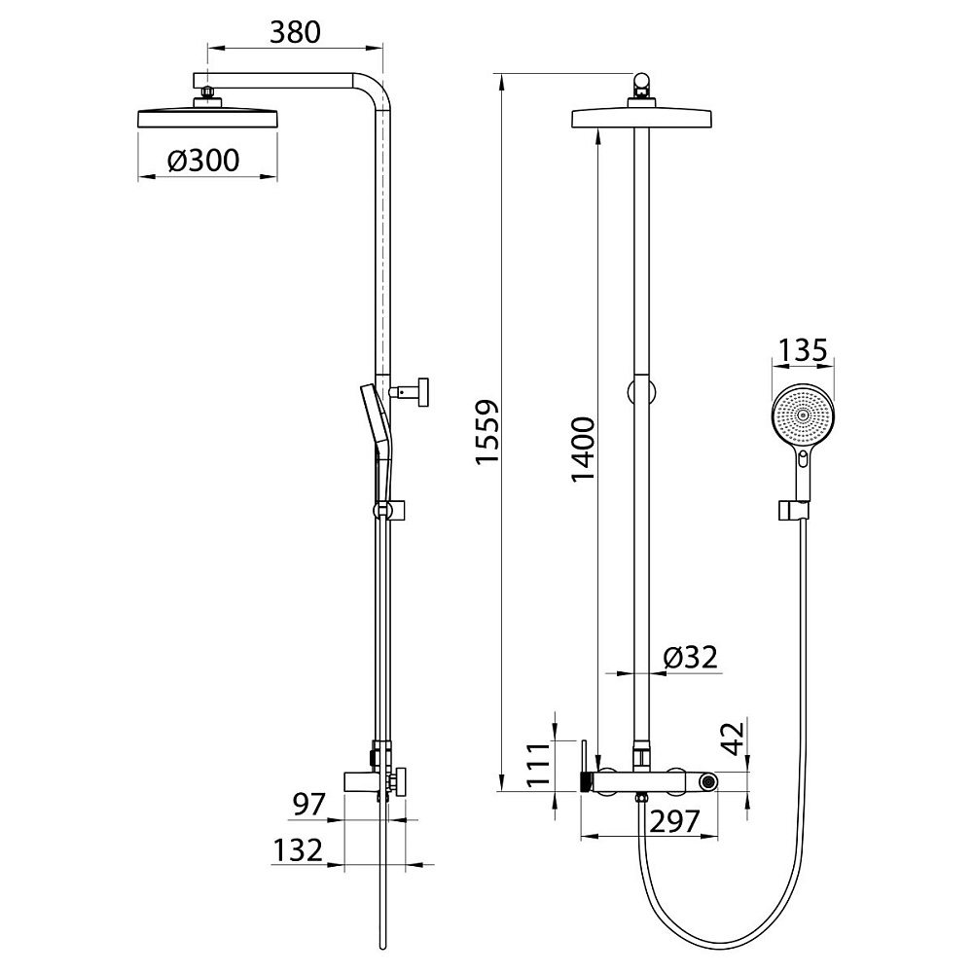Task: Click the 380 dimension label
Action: coord(295,32)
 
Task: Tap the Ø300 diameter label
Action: coord(203,161)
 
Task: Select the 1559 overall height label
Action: coord(487,431)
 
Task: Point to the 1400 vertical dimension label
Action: coord(583,450)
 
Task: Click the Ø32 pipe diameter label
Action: coord(690,657)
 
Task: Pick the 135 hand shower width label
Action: coord(803,350)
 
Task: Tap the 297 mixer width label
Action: coord(674,821)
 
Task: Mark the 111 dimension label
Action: coord(539,765)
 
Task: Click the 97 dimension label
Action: coord(309,805)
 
